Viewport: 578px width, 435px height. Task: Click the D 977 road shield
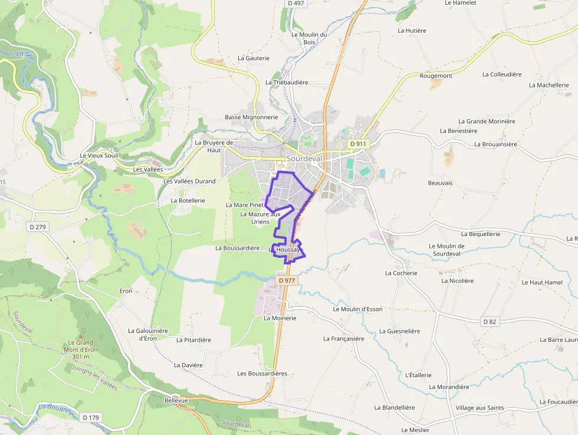pyautogui.click(x=286, y=280)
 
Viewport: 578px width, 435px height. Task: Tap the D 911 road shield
pyautogui.click(x=358, y=143)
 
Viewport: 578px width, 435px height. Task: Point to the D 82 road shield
pyautogui.click(x=490, y=322)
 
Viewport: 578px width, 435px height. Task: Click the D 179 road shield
pyautogui.click(x=91, y=418)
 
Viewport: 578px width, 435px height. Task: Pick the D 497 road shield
pyautogui.click(x=296, y=4)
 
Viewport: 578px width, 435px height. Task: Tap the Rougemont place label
pyautogui.click(x=436, y=76)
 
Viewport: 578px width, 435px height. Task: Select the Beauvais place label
pyautogui.click(x=440, y=183)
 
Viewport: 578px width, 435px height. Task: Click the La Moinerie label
pyautogui.click(x=280, y=318)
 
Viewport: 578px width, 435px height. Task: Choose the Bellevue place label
pyautogui.click(x=176, y=400)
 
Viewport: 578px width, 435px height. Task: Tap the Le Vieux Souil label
pyautogui.click(x=99, y=155)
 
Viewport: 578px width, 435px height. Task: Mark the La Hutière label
pyautogui.click(x=412, y=30)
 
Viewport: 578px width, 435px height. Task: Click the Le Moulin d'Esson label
pyautogui.click(x=358, y=309)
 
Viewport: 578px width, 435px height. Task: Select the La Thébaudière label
pyautogui.click(x=287, y=83)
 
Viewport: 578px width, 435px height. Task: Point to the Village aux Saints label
pyautogui.click(x=480, y=408)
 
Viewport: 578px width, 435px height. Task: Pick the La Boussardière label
pyautogui.click(x=238, y=248)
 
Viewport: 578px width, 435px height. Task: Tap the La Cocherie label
pyautogui.click(x=401, y=273)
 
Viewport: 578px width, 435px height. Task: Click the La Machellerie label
pyautogui.click(x=549, y=85)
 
